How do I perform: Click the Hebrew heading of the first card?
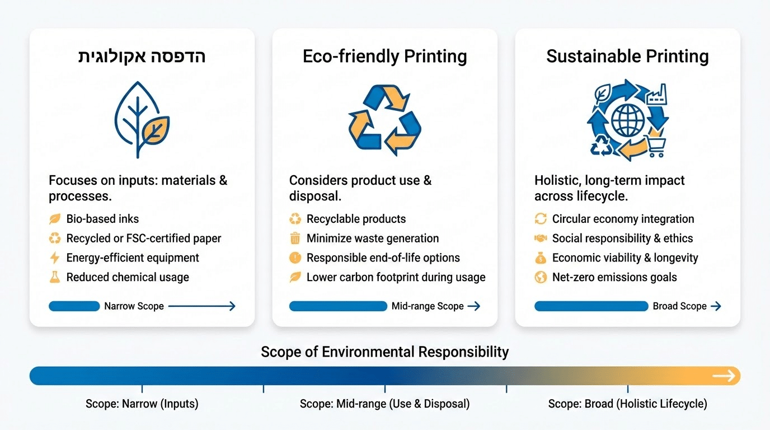(x=142, y=56)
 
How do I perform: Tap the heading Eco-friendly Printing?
(x=384, y=57)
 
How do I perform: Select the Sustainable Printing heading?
(x=627, y=57)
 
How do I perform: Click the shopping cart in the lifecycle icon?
(x=656, y=146)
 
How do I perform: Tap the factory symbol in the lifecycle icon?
(x=656, y=94)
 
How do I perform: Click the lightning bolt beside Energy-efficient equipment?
(x=55, y=258)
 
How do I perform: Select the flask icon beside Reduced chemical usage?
(x=55, y=277)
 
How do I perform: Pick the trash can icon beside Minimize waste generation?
(x=295, y=238)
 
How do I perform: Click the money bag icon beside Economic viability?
(x=541, y=258)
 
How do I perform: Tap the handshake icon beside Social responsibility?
(x=541, y=238)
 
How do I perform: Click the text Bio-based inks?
(x=102, y=219)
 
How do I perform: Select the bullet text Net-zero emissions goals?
(x=614, y=277)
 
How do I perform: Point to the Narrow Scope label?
(x=134, y=306)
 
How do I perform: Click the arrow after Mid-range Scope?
(x=473, y=306)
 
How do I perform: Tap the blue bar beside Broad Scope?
(x=591, y=306)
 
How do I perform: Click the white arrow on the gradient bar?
(x=724, y=376)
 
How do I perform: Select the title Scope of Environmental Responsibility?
(x=384, y=352)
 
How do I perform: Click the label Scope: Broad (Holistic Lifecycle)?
(x=627, y=404)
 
